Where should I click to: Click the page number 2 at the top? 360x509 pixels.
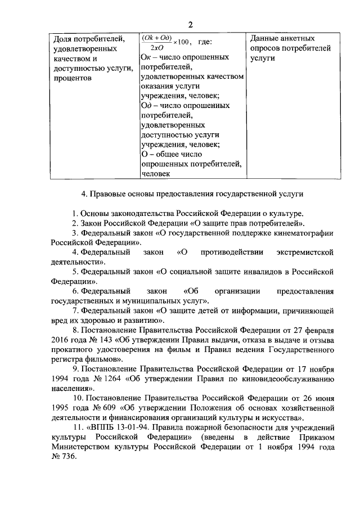190,25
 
